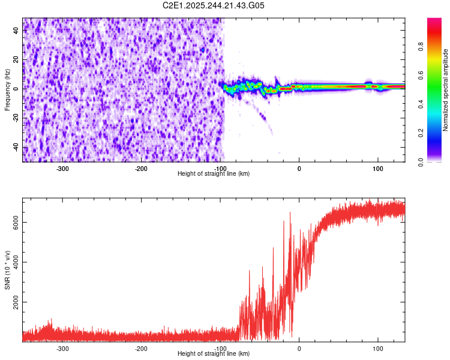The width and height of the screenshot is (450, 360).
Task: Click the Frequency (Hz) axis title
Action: pyautogui.click(x=7, y=90)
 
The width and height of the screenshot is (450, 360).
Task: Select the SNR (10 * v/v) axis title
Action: pyautogui.click(x=7, y=270)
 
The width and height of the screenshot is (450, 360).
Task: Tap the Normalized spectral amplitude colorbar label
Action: pyautogui.click(x=446, y=90)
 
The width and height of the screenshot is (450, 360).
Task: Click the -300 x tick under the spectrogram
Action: pyautogui.click(x=63, y=169)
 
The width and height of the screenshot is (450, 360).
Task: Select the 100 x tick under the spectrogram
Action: pyautogui.click(x=378, y=169)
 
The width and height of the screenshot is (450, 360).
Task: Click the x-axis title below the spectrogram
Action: pyautogui.click(x=214, y=174)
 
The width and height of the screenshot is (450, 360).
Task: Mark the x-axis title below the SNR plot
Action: pyautogui.click(x=214, y=354)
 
